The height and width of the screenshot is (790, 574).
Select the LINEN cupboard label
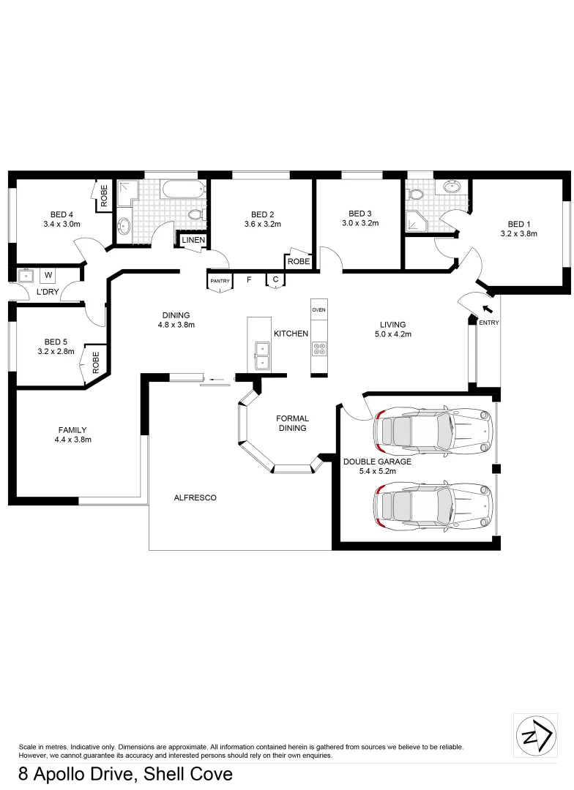click(193, 241)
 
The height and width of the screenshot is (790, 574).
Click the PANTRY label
click(220, 281)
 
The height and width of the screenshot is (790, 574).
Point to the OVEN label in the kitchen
click(318, 310)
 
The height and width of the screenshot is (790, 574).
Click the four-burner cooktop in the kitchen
click(318, 350)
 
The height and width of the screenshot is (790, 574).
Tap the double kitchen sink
click(260, 355)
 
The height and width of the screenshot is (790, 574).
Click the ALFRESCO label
click(195, 497)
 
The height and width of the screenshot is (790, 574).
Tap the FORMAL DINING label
click(292, 424)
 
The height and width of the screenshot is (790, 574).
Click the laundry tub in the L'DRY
click(28, 276)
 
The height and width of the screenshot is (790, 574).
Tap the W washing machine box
click(48, 275)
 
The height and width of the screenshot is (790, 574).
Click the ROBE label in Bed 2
click(298, 261)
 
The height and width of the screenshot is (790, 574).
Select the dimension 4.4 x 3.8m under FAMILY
click(72, 440)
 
